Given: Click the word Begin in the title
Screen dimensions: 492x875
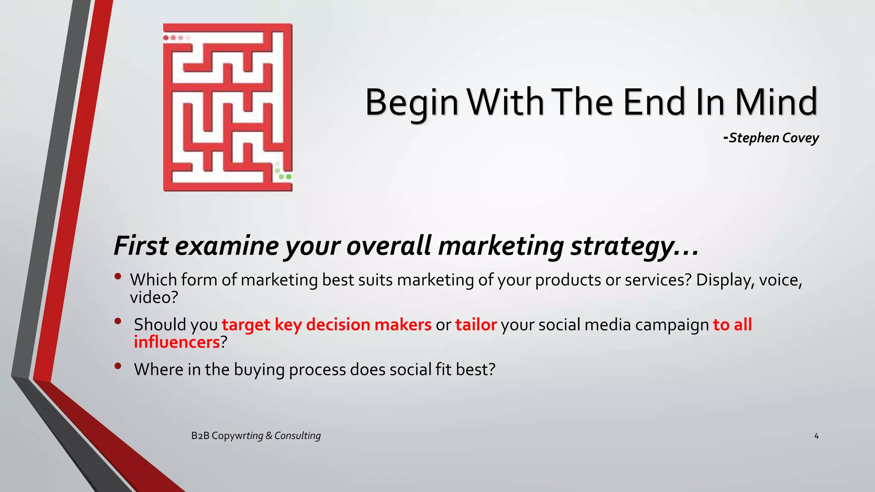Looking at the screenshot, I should pos(411,102).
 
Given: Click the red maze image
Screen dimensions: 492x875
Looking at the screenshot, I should pos(228,107).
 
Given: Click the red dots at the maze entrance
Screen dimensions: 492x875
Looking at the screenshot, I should pos(176,38).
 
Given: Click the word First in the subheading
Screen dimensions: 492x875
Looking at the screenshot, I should pos(141,246).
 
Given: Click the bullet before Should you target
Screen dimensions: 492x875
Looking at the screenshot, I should pos(118,321).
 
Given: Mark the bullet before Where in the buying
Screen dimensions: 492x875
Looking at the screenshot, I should pos(118,366).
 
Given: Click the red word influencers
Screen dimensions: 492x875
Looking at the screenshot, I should pos(176,343).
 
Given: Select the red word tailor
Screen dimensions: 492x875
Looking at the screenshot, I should pos(476,325).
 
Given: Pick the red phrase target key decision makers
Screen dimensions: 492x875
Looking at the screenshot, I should pos(326,325).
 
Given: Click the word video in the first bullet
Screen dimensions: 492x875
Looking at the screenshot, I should pos(150,298).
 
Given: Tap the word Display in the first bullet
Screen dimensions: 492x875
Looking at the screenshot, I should pos(720,280).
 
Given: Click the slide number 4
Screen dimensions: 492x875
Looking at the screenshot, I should pos(816,436).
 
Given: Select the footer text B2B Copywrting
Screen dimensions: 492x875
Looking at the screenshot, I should pos(227,436).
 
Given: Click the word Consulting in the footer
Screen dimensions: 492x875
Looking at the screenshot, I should pos(297,436).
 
